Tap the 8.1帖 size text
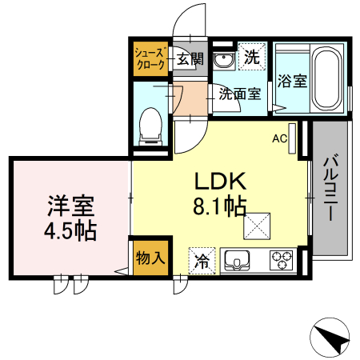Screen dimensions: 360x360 218,207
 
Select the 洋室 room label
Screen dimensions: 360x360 70,206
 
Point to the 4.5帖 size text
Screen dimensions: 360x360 70,232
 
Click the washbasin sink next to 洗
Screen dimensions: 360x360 225,59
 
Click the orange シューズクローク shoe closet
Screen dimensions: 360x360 150,58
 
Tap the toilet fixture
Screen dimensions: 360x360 150,126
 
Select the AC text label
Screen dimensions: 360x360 279,138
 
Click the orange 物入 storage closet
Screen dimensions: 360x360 150,258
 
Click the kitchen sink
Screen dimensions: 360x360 239,260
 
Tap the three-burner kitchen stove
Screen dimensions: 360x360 282,260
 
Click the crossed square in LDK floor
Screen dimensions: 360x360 257,226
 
